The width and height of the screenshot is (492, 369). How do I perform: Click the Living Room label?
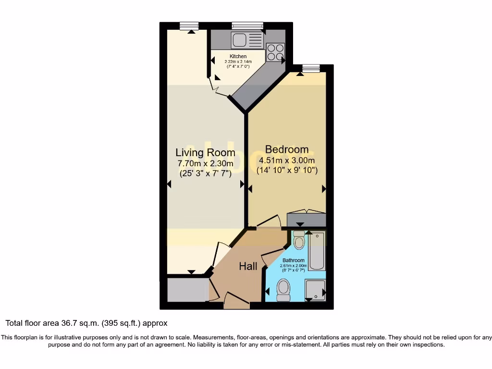pyautogui.click(x=205, y=153)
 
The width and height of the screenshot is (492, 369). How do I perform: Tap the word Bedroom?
pyautogui.click(x=287, y=149)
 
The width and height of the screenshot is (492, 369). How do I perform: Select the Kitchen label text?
pyautogui.click(x=238, y=57)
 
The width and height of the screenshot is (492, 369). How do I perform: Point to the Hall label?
pyautogui.click(x=248, y=266)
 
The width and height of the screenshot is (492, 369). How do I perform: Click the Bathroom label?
pyautogui.click(x=293, y=260)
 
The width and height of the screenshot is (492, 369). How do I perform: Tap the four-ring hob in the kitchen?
pyautogui.click(x=275, y=52)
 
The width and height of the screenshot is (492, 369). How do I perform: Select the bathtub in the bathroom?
pyautogui.click(x=317, y=251)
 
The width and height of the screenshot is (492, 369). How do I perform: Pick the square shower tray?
pyautogui.click(x=315, y=290)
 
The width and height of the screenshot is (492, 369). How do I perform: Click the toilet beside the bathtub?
pyautogui.click(x=299, y=240)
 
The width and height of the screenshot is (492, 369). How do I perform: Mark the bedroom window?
pyautogui.click(x=311, y=68)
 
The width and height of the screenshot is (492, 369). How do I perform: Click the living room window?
pyautogui.click(x=189, y=26)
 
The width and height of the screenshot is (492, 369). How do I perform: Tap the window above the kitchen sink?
pyautogui.click(x=247, y=26)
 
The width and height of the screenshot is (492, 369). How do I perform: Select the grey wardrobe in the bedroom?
pyautogui.click(x=306, y=220)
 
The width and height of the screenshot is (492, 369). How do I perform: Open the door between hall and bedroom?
pyautogui.click(x=269, y=221)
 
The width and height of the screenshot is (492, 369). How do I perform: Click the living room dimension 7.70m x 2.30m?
pyautogui.click(x=205, y=164)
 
